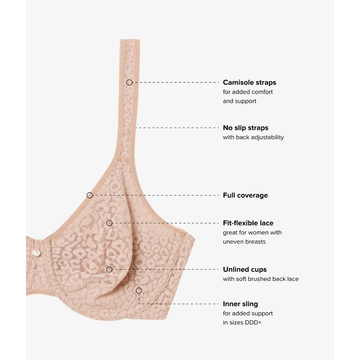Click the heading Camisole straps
point(249,82)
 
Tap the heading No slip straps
point(246,128)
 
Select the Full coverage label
point(245,195)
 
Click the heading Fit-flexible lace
point(248,223)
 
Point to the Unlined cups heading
point(245,269)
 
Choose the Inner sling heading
point(240,304)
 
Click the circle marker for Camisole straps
point(129,82)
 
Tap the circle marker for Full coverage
point(90,195)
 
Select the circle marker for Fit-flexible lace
point(109,223)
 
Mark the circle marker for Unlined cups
point(109,269)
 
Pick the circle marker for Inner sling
point(139,291)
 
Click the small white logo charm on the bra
point(36,253)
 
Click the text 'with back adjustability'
point(253,137)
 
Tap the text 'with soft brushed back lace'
point(261,279)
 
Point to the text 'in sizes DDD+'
point(242,323)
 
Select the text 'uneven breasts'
point(244,242)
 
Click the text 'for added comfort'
point(248,92)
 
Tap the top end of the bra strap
point(130,40)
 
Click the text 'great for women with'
point(252,233)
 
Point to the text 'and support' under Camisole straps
point(239,101)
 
